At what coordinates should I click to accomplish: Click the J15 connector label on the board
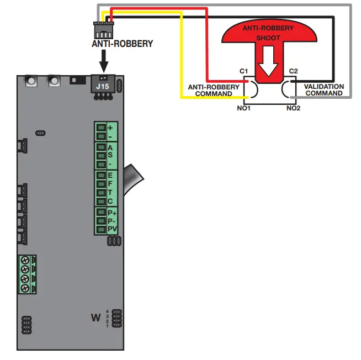point(103,86)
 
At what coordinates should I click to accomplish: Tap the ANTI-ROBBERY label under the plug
point(122,44)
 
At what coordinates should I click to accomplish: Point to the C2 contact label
point(293,72)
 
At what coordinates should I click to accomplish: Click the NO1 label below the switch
point(243,109)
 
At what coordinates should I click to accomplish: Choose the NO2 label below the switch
point(293,109)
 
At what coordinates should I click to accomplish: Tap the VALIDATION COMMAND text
point(324,90)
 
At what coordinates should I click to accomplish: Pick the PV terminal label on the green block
point(112,229)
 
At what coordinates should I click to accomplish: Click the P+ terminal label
point(112,212)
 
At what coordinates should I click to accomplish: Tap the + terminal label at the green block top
point(110,127)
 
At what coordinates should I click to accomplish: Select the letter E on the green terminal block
point(110,175)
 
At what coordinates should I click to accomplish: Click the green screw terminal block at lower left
point(26,274)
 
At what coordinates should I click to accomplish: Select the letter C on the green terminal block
point(110,202)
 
